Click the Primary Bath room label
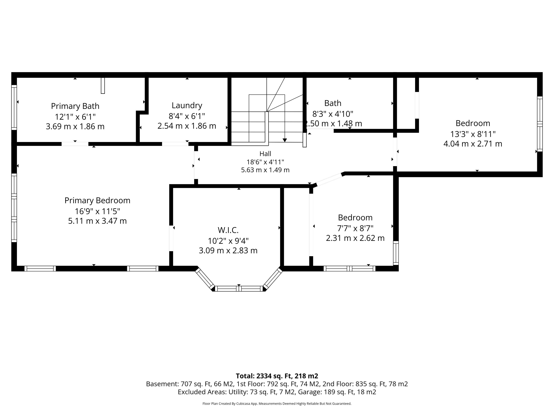pos(75,106)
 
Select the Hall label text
pos(265,154)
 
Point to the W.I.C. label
pos(228,230)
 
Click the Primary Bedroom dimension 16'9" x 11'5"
pos(97,211)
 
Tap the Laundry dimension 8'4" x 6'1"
pos(187,116)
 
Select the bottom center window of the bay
pos(239,289)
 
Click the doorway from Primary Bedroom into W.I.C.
pos(171,238)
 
